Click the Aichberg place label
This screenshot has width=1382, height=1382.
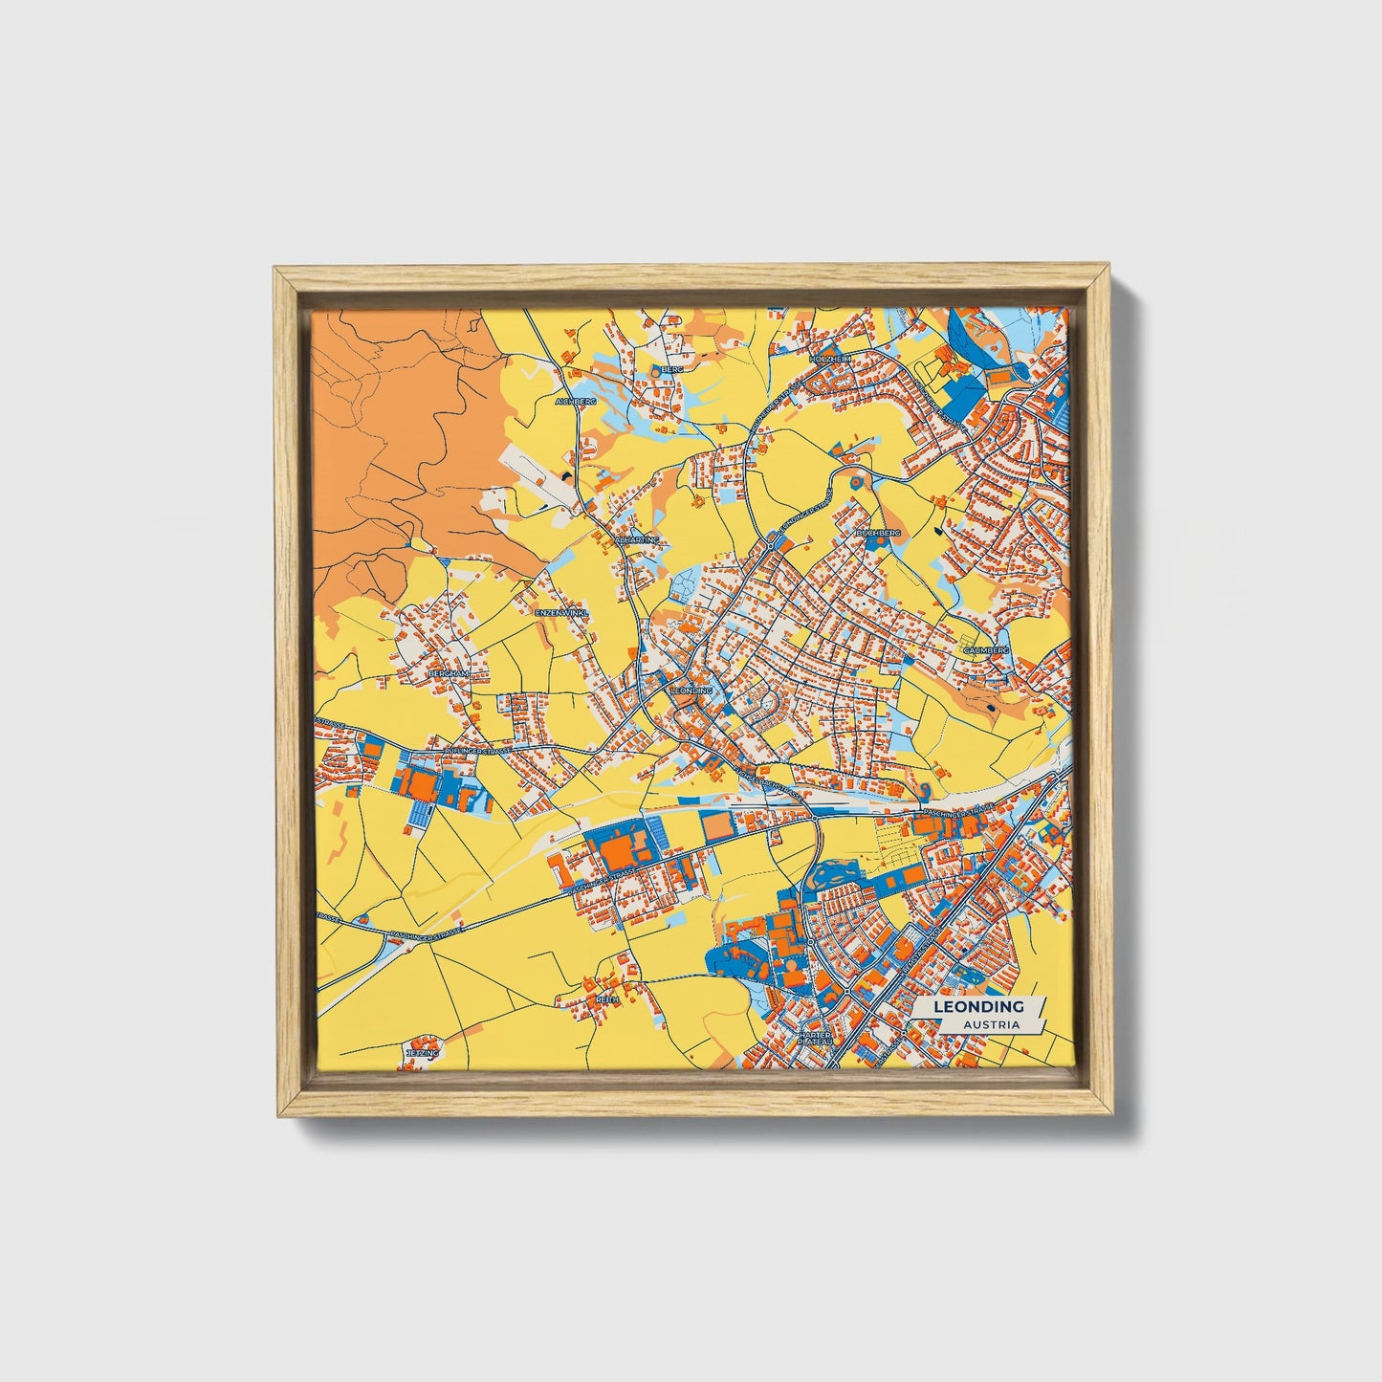tap(576, 402)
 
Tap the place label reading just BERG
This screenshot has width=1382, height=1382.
tap(673, 368)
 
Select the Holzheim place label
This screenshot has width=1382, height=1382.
tap(829, 358)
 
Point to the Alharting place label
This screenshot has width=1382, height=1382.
tap(638, 539)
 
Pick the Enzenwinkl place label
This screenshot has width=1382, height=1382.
tap(561, 611)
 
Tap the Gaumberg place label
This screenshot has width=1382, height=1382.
tap(986, 649)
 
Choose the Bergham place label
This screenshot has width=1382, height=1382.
tap(449, 673)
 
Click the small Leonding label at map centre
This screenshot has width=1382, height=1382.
tap(691, 690)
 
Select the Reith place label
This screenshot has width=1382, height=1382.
tap(607, 998)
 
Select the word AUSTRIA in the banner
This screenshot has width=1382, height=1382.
tap(991, 1024)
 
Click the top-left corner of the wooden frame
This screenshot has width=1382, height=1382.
tap(274, 269)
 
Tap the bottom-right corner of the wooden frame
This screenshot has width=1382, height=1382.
tap(1112, 1114)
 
